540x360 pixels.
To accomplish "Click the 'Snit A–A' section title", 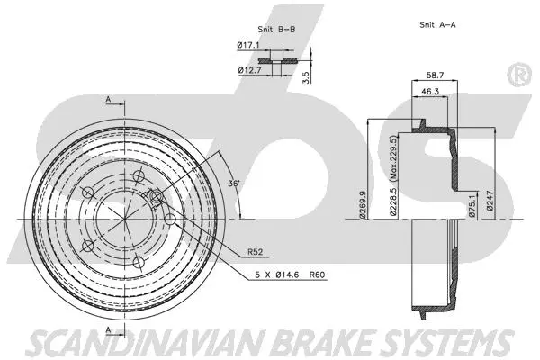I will click(x=439, y=25).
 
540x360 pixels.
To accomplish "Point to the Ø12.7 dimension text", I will click(x=248, y=69).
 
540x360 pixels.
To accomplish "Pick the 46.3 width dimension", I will click(x=428, y=92).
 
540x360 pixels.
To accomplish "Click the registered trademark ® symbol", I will click(x=520, y=76).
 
